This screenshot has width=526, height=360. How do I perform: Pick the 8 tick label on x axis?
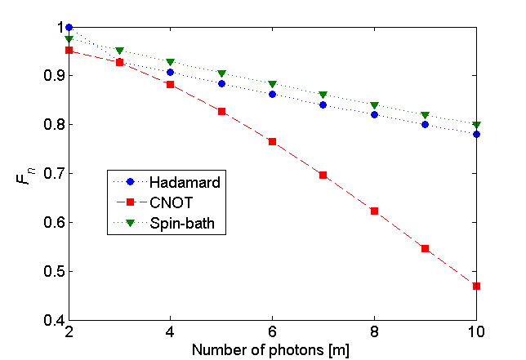coord(374,333)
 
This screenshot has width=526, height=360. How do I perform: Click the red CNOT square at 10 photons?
coord(476,286)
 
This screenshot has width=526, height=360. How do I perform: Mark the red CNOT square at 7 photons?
coord(323,175)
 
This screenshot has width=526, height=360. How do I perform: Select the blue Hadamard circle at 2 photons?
coord(69,27)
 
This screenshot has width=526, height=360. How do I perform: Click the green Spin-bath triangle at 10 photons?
coord(476,125)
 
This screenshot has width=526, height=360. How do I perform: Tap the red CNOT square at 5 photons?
coord(222,111)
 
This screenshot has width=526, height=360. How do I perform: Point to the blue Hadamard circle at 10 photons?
coord(476,134)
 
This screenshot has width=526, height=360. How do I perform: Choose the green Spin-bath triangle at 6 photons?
coord(273,84)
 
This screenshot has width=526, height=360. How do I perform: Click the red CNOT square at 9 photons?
coord(426,248)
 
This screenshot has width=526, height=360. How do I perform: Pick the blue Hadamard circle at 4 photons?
coord(171,72)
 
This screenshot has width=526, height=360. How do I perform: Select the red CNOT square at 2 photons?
coord(69,50)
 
